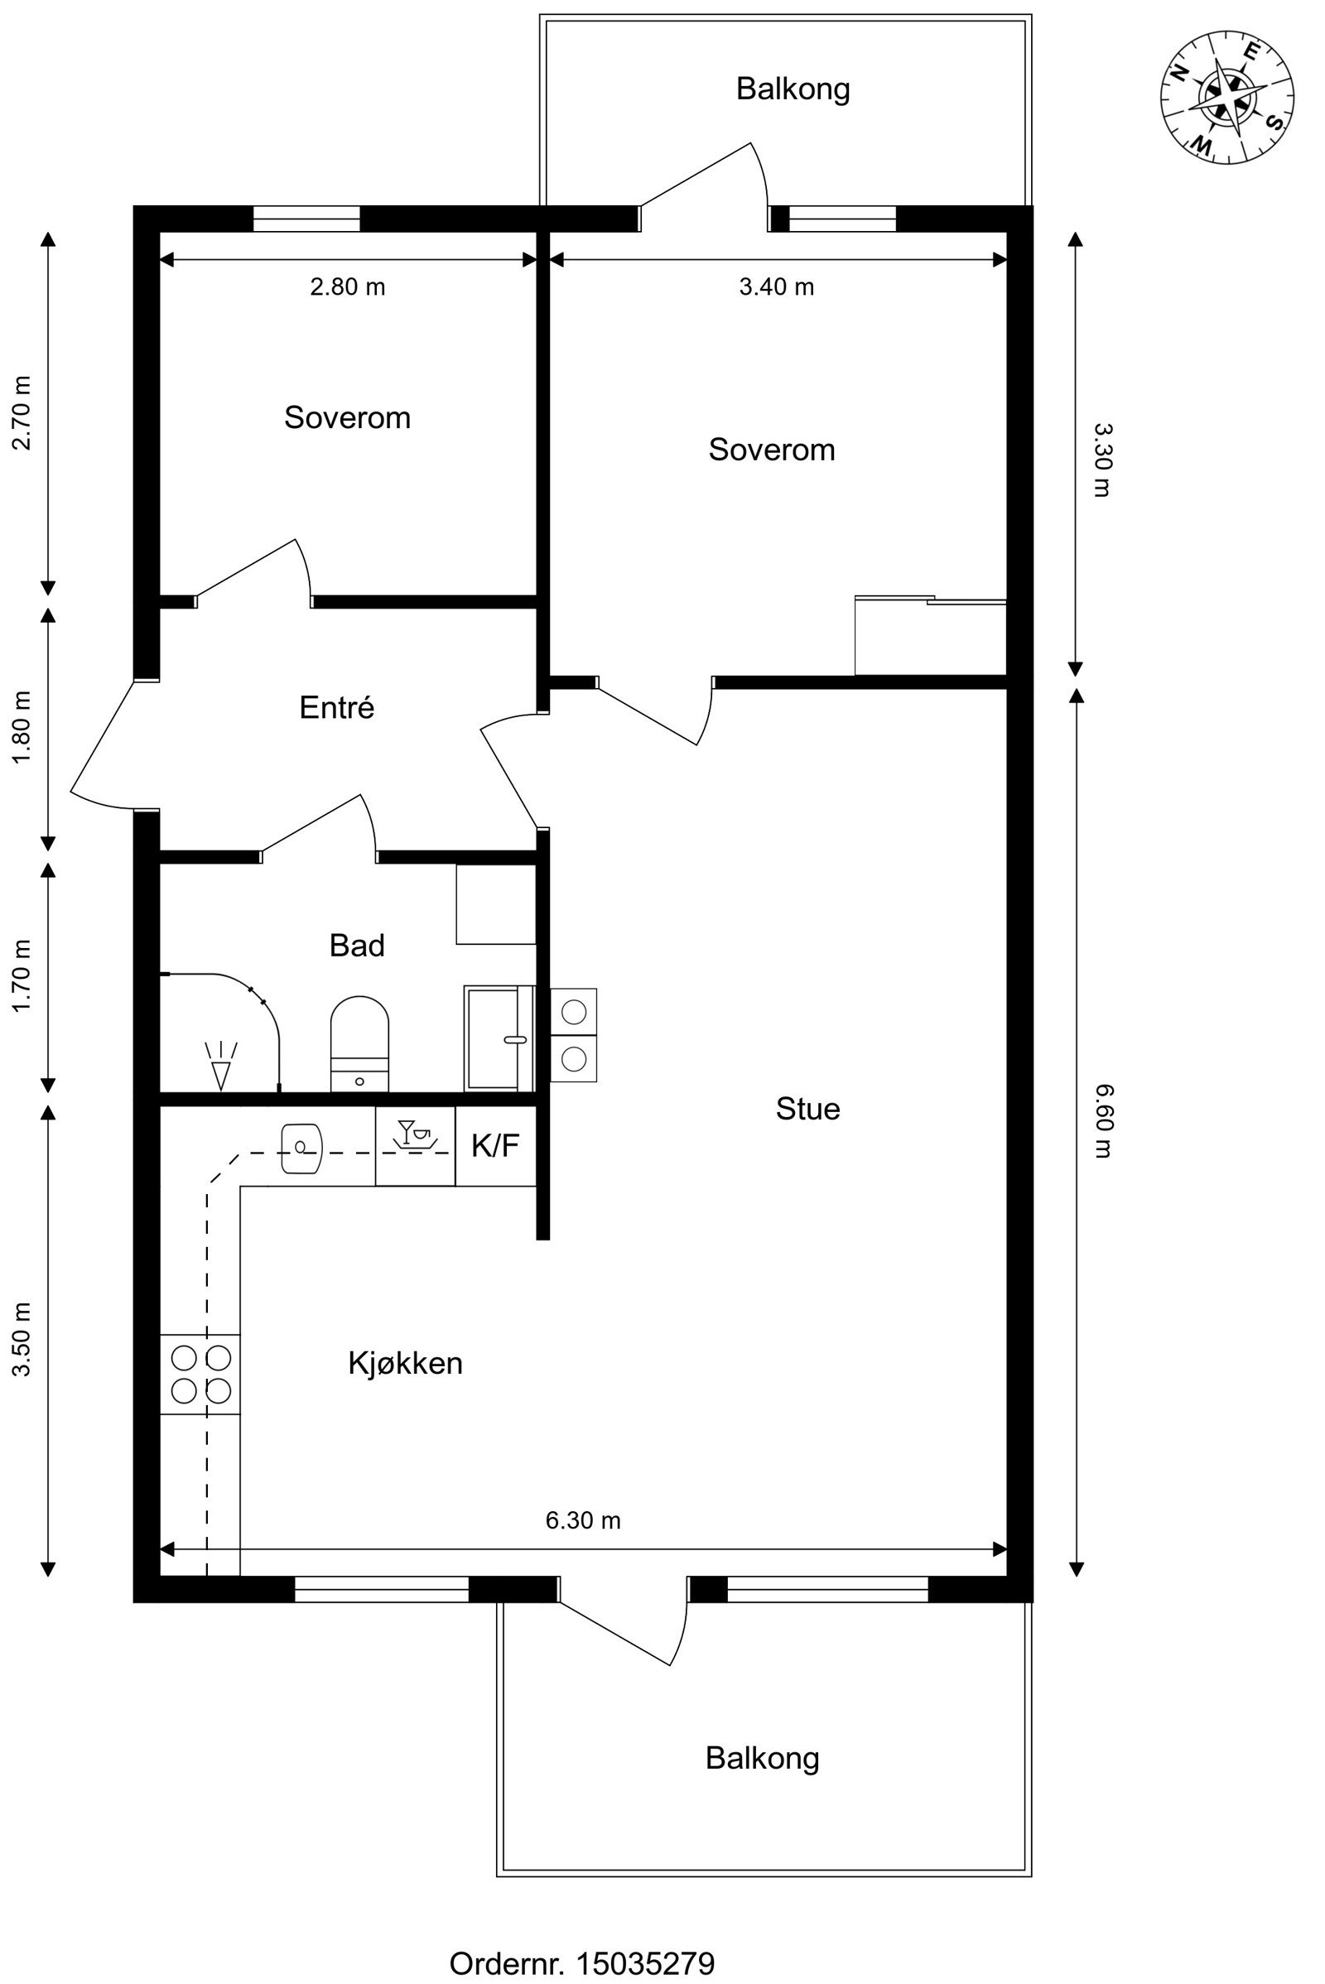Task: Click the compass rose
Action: tap(1227, 97)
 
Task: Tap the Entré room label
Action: tap(336, 707)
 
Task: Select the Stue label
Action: tap(808, 1109)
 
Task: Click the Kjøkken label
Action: tap(406, 1363)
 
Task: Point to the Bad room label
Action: tap(357, 945)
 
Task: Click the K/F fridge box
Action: tap(496, 1146)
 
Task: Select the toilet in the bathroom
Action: tap(359, 1043)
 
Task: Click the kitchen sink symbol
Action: tap(301, 1149)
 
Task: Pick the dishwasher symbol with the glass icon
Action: tap(415, 1146)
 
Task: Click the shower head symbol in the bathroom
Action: tap(221, 1066)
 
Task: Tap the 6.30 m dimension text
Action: tap(583, 1520)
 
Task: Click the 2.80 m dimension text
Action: tap(347, 287)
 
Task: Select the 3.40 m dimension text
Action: tap(777, 287)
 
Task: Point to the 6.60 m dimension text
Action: tap(1101, 1121)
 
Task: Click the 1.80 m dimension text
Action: tap(22, 728)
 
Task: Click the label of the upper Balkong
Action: tap(793, 89)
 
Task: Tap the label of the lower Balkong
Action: tap(762, 1759)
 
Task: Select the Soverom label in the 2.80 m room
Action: tap(347, 417)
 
